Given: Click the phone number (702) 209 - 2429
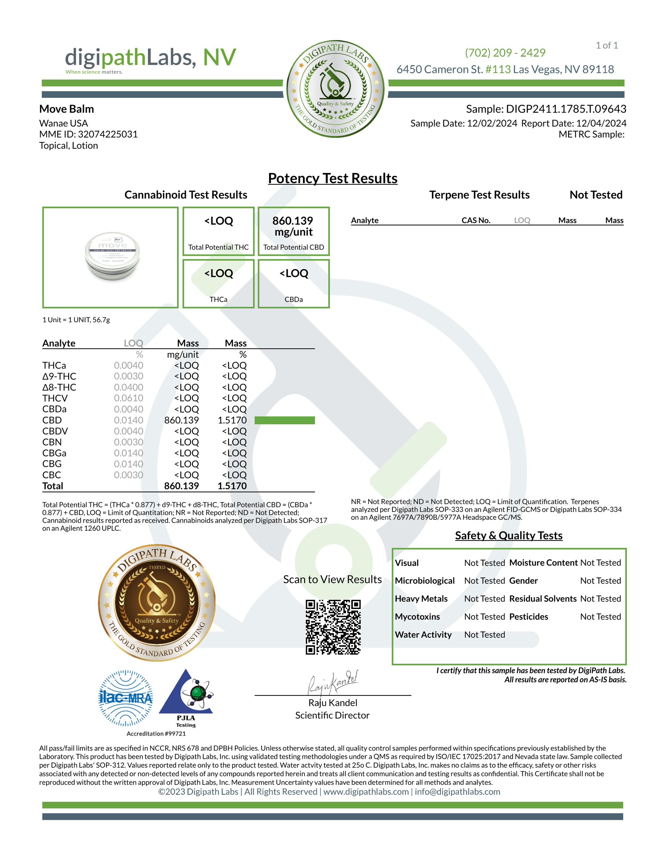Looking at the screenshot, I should click(505, 52).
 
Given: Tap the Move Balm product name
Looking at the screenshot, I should click(67, 109).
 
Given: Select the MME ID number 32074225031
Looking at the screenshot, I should click(108, 134).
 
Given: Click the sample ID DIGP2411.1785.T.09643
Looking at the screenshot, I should click(566, 109).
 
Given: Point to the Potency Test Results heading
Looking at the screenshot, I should click(333, 178).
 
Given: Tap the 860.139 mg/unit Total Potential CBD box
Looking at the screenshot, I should click(294, 231).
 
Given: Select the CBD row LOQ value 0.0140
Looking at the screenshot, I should click(129, 420).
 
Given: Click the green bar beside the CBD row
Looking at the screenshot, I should click(284, 420).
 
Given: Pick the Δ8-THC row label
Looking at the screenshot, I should click(59, 387).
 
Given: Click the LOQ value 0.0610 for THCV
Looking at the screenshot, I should click(129, 398).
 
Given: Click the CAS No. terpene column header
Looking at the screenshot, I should click(476, 220).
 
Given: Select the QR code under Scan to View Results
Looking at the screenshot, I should click(333, 627).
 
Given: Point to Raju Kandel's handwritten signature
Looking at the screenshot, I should click(333, 683).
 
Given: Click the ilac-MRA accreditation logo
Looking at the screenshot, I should click(126, 698).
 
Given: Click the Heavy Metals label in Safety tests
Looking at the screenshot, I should click(421, 598).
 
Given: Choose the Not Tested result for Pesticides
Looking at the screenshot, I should click(600, 617).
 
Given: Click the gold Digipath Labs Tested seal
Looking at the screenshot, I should click(157, 603).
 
